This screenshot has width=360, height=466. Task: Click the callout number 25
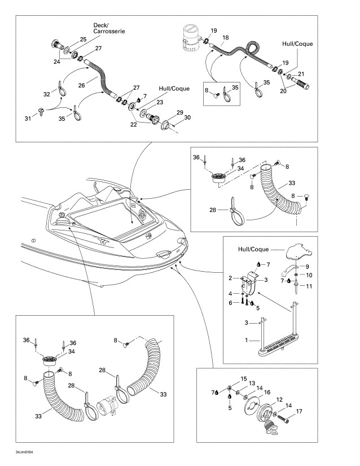pos(83,40)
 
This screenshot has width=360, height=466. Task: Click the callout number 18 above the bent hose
pos(225,38)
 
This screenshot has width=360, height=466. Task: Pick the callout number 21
pos(301,74)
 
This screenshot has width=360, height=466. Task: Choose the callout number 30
pos(188,117)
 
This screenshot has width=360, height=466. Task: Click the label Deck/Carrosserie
pos(109,28)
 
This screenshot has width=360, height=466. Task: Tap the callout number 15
pos(244,379)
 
